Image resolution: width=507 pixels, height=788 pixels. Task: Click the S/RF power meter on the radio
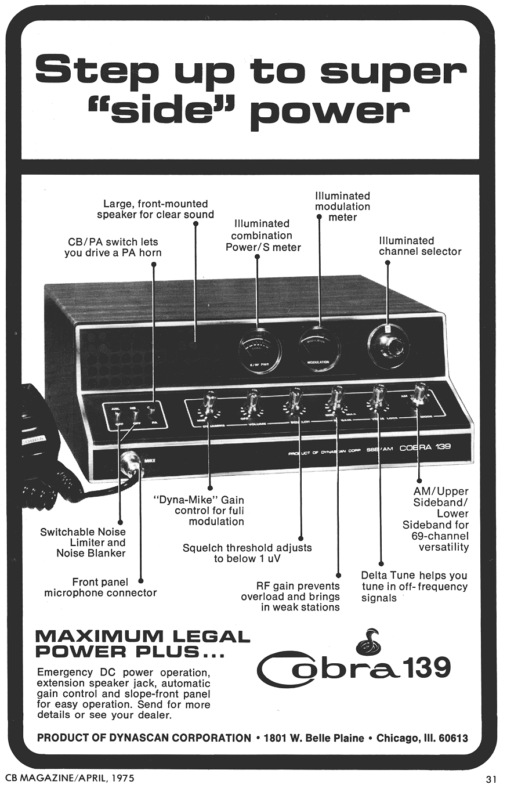pyautogui.click(x=259, y=352)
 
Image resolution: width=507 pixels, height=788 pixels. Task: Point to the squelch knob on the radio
pyautogui.click(x=295, y=401)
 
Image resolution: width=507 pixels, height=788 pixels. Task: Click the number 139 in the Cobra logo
pyautogui.click(x=428, y=667)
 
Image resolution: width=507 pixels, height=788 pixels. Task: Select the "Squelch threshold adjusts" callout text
pyautogui.click(x=247, y=547)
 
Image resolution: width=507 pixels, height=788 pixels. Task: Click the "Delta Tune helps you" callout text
pyautogui.click(x=414, y=576)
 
